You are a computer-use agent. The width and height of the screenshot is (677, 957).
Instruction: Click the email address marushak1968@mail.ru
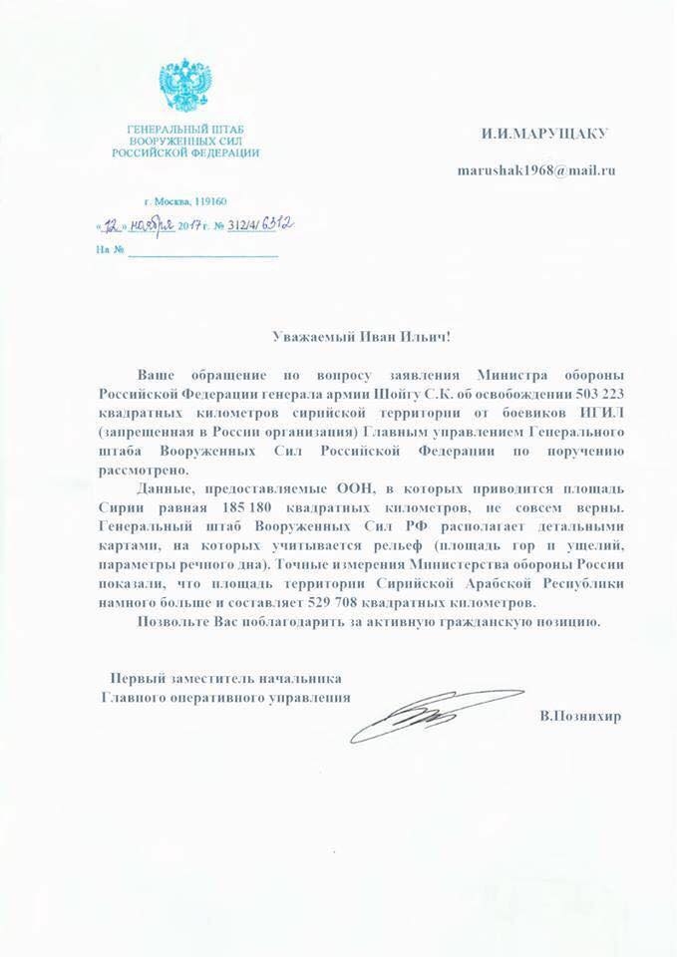point(535,170)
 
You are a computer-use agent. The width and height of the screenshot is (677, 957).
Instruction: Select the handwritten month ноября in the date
point(158,223)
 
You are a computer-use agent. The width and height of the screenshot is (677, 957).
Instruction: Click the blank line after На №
point(203,249)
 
